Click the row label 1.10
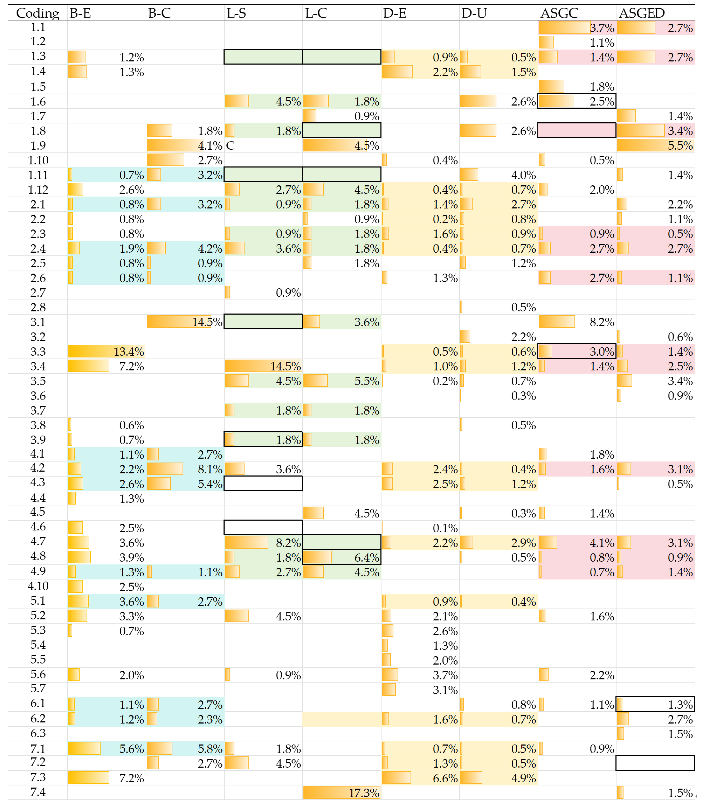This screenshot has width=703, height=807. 38,160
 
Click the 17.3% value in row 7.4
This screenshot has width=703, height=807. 364,793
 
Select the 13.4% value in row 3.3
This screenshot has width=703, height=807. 129,352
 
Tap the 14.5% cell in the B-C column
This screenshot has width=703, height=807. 207,322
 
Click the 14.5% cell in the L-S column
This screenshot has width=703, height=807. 285,367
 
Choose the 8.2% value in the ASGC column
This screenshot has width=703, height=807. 602,322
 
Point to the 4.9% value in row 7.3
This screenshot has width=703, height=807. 523,778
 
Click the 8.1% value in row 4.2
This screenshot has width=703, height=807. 210,469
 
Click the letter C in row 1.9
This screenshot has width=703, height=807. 230,146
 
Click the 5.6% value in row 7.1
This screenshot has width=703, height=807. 131,749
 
